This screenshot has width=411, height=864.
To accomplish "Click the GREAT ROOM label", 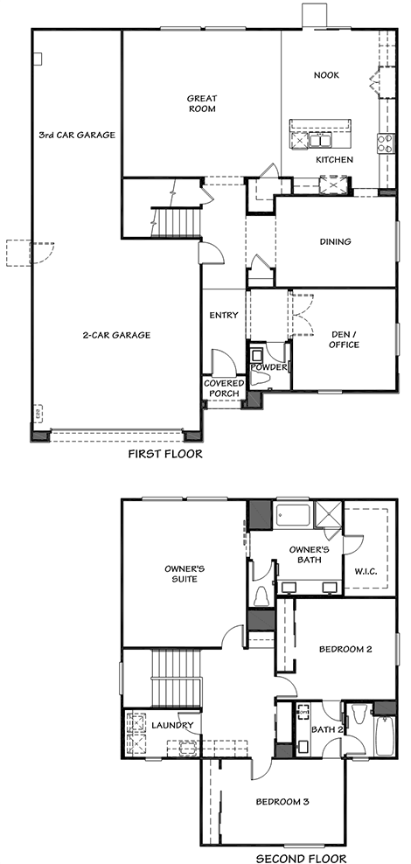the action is tap(202, 103).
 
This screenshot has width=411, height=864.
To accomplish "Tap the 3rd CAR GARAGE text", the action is tap(77, 135).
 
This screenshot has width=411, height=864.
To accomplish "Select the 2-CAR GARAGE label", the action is tap(117, 334).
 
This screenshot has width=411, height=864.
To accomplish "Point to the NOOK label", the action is tap(327, 75).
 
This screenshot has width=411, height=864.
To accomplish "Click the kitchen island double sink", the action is tap(318, 140).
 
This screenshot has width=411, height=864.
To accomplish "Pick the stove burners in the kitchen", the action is tap(386, 143).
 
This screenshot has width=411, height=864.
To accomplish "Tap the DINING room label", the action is tap(336, 241).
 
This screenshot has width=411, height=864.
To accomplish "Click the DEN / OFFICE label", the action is tap(345, 339).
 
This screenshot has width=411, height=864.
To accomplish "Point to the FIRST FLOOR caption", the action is tap(165, 454).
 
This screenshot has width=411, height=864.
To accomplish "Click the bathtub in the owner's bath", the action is tap(294, 516).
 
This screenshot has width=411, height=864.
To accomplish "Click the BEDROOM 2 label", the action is tap(345, 649).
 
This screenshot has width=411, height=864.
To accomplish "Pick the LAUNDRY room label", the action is tap(172, 725).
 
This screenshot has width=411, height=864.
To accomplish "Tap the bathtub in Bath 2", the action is tap(385, 736).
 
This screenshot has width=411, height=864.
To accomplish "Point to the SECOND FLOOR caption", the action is tap(302, 858).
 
